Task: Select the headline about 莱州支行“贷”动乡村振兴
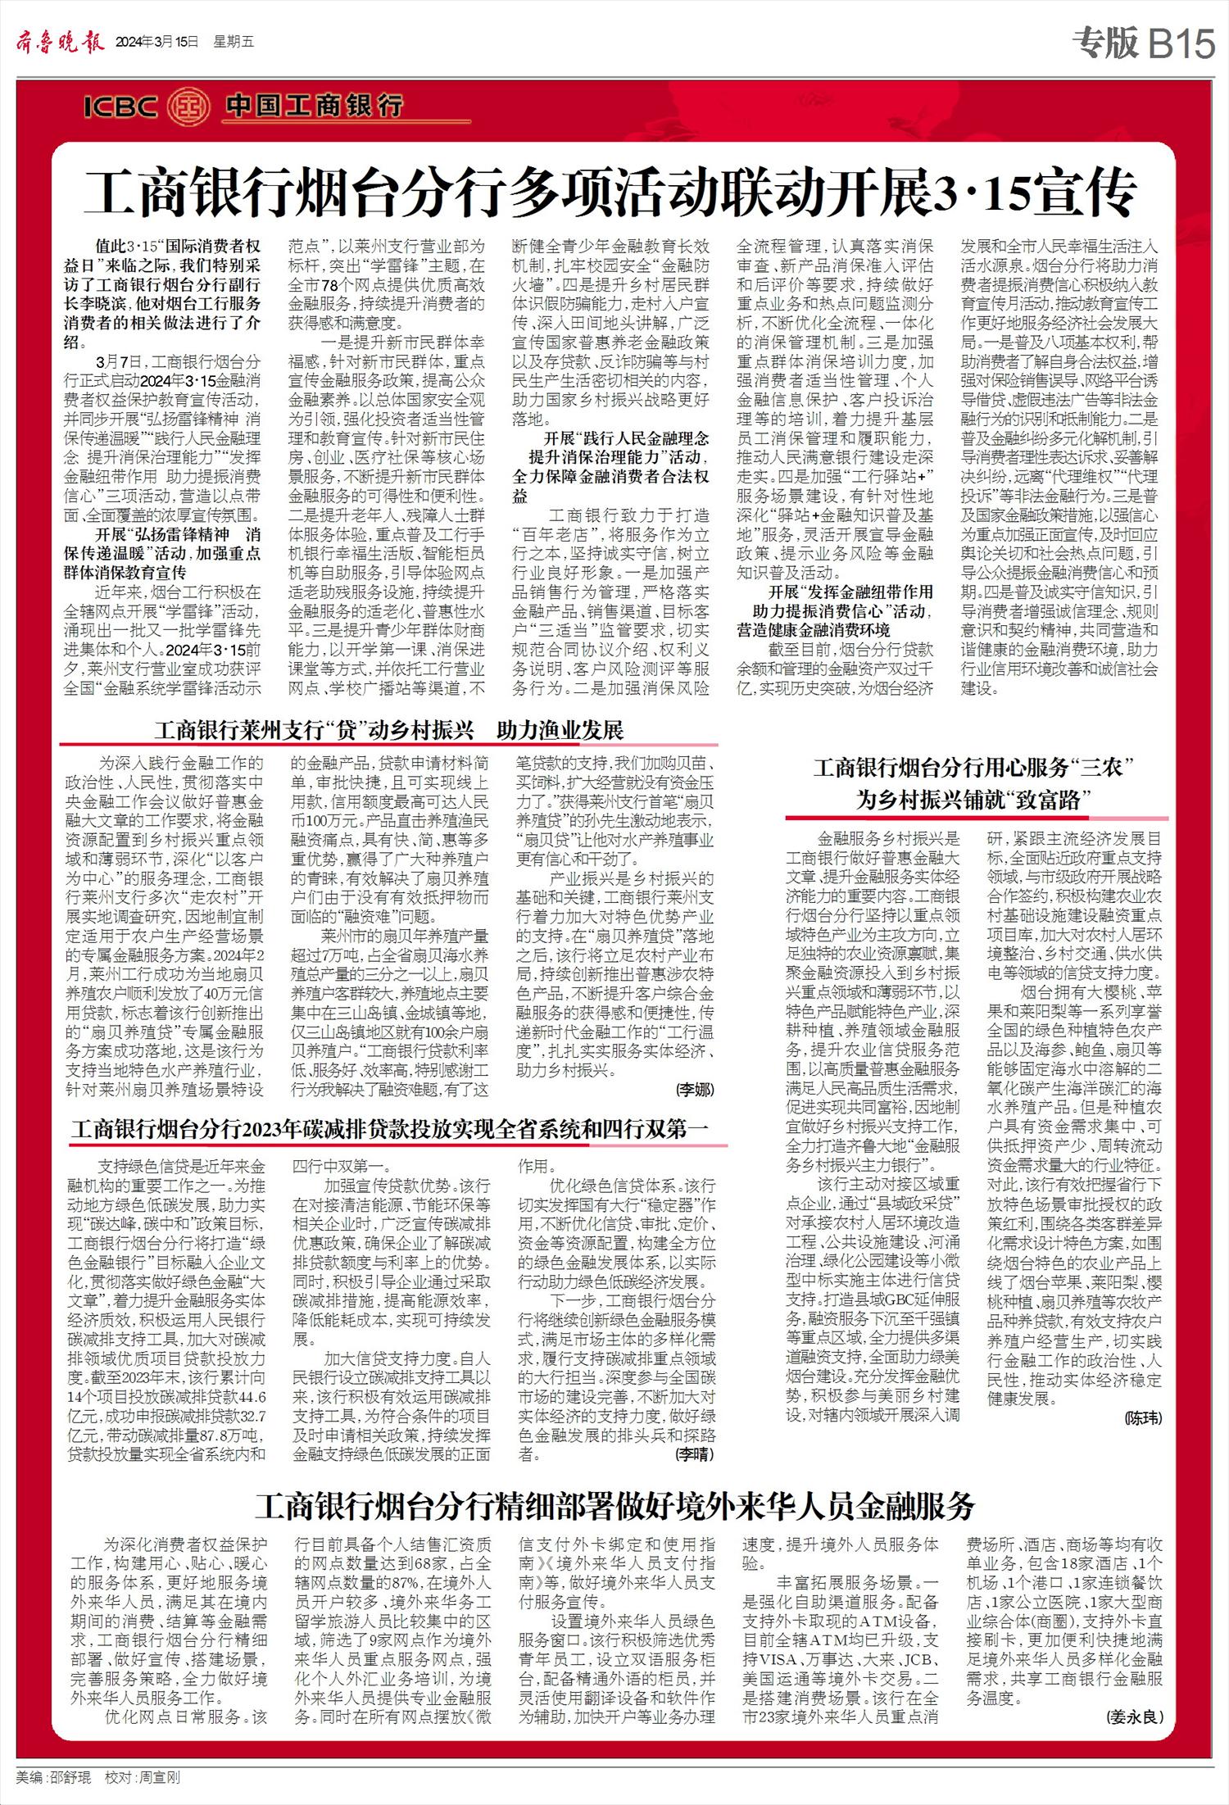(x=388, y=730)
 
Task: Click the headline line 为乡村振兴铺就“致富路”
(x=973, y=800)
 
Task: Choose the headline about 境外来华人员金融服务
(x=614, y=1506)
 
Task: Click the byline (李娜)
(x=694, y=1090)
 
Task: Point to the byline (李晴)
(x=694, y=1454)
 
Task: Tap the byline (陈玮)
(x=1142, y=1417)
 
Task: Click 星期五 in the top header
(x=234, y=43)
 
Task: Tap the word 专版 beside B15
(x=1106, y=43)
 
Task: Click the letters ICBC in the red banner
(x=120, y=107)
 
